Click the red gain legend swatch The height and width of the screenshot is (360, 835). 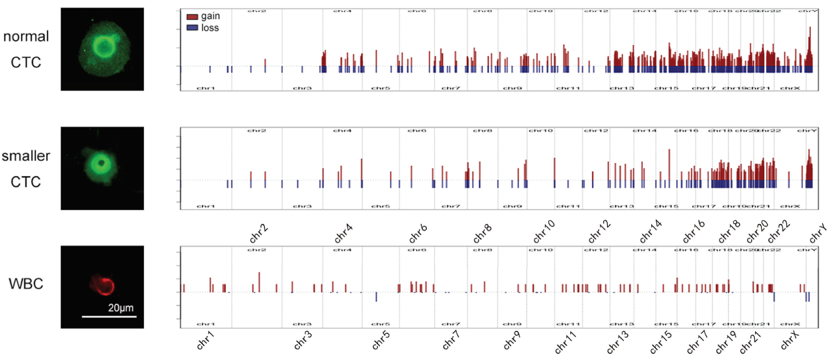pyautogui.click(x=192, y=17)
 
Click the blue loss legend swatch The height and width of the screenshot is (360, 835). pyautogui.click(x=192, y=28)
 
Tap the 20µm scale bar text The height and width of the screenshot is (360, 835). pyautogui.click(x=121, y=308)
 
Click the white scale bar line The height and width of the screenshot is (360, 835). pyautogui.click(x=109, y=317)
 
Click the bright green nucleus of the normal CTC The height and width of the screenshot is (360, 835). pyautogui.click(x=104, y=47)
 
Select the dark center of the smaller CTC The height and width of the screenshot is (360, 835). pyautogui.click(x=102, y=163)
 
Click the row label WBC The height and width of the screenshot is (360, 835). pyautogui.click(x=26, y=284)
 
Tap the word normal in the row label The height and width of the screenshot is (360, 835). pyautogui.click(x=26, y=36)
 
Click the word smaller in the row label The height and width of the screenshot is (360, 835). pyautogui.click(x=26, y=156)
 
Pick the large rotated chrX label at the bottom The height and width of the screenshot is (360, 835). pyautogui.click(x=790, y=341)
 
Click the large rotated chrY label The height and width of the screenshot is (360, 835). pyautogui.click(x=818, y=233)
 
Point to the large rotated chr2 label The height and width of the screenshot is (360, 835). pyautogui.click(x=259, y=233)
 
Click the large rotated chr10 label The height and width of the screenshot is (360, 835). pyautogui.click(x=544, y=231)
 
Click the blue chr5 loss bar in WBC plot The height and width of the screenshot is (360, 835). pyautogui.click(x=376, y=297)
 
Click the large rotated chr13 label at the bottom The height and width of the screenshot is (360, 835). pyautogui.click(x=618, y=343)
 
